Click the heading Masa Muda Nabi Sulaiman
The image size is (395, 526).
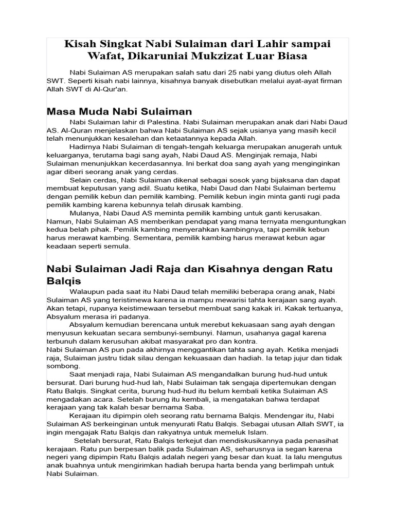(119, 111)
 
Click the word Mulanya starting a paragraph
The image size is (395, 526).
(84, 213)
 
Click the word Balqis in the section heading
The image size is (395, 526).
(64, 281)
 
